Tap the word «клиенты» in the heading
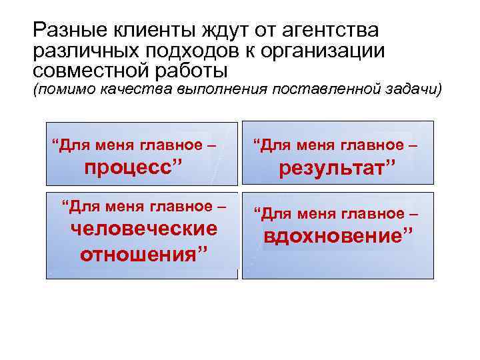click(x=149, y=31)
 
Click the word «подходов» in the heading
click(x=189, y=51)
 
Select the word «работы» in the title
click(x=197, y=70)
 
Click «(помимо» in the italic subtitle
click(x=57, y=89)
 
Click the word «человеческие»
click(x=144, y=228)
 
